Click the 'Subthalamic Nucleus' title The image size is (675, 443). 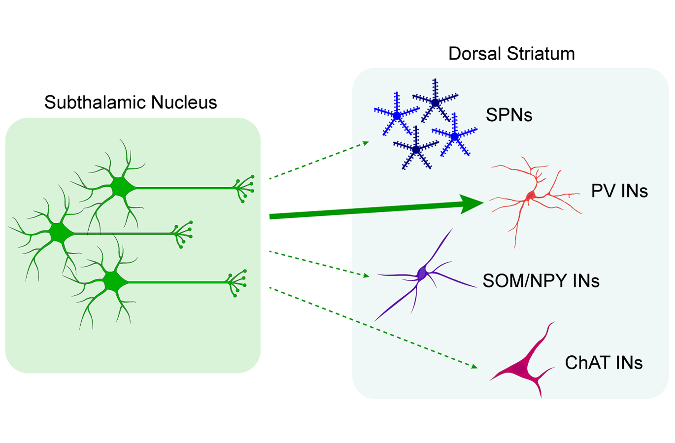point(131,102)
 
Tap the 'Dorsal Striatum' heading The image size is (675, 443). point(511,54)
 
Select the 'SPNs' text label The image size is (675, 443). point(509,115)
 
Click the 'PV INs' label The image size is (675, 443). point(619,191)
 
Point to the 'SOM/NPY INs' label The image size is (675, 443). point(541,281)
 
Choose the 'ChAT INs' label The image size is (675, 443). point(604,363)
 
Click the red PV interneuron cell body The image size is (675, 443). point(531,196)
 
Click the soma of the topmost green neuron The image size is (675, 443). point(120,188)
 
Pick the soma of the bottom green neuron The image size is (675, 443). point(113,282)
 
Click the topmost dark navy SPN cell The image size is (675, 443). point(435,103)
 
